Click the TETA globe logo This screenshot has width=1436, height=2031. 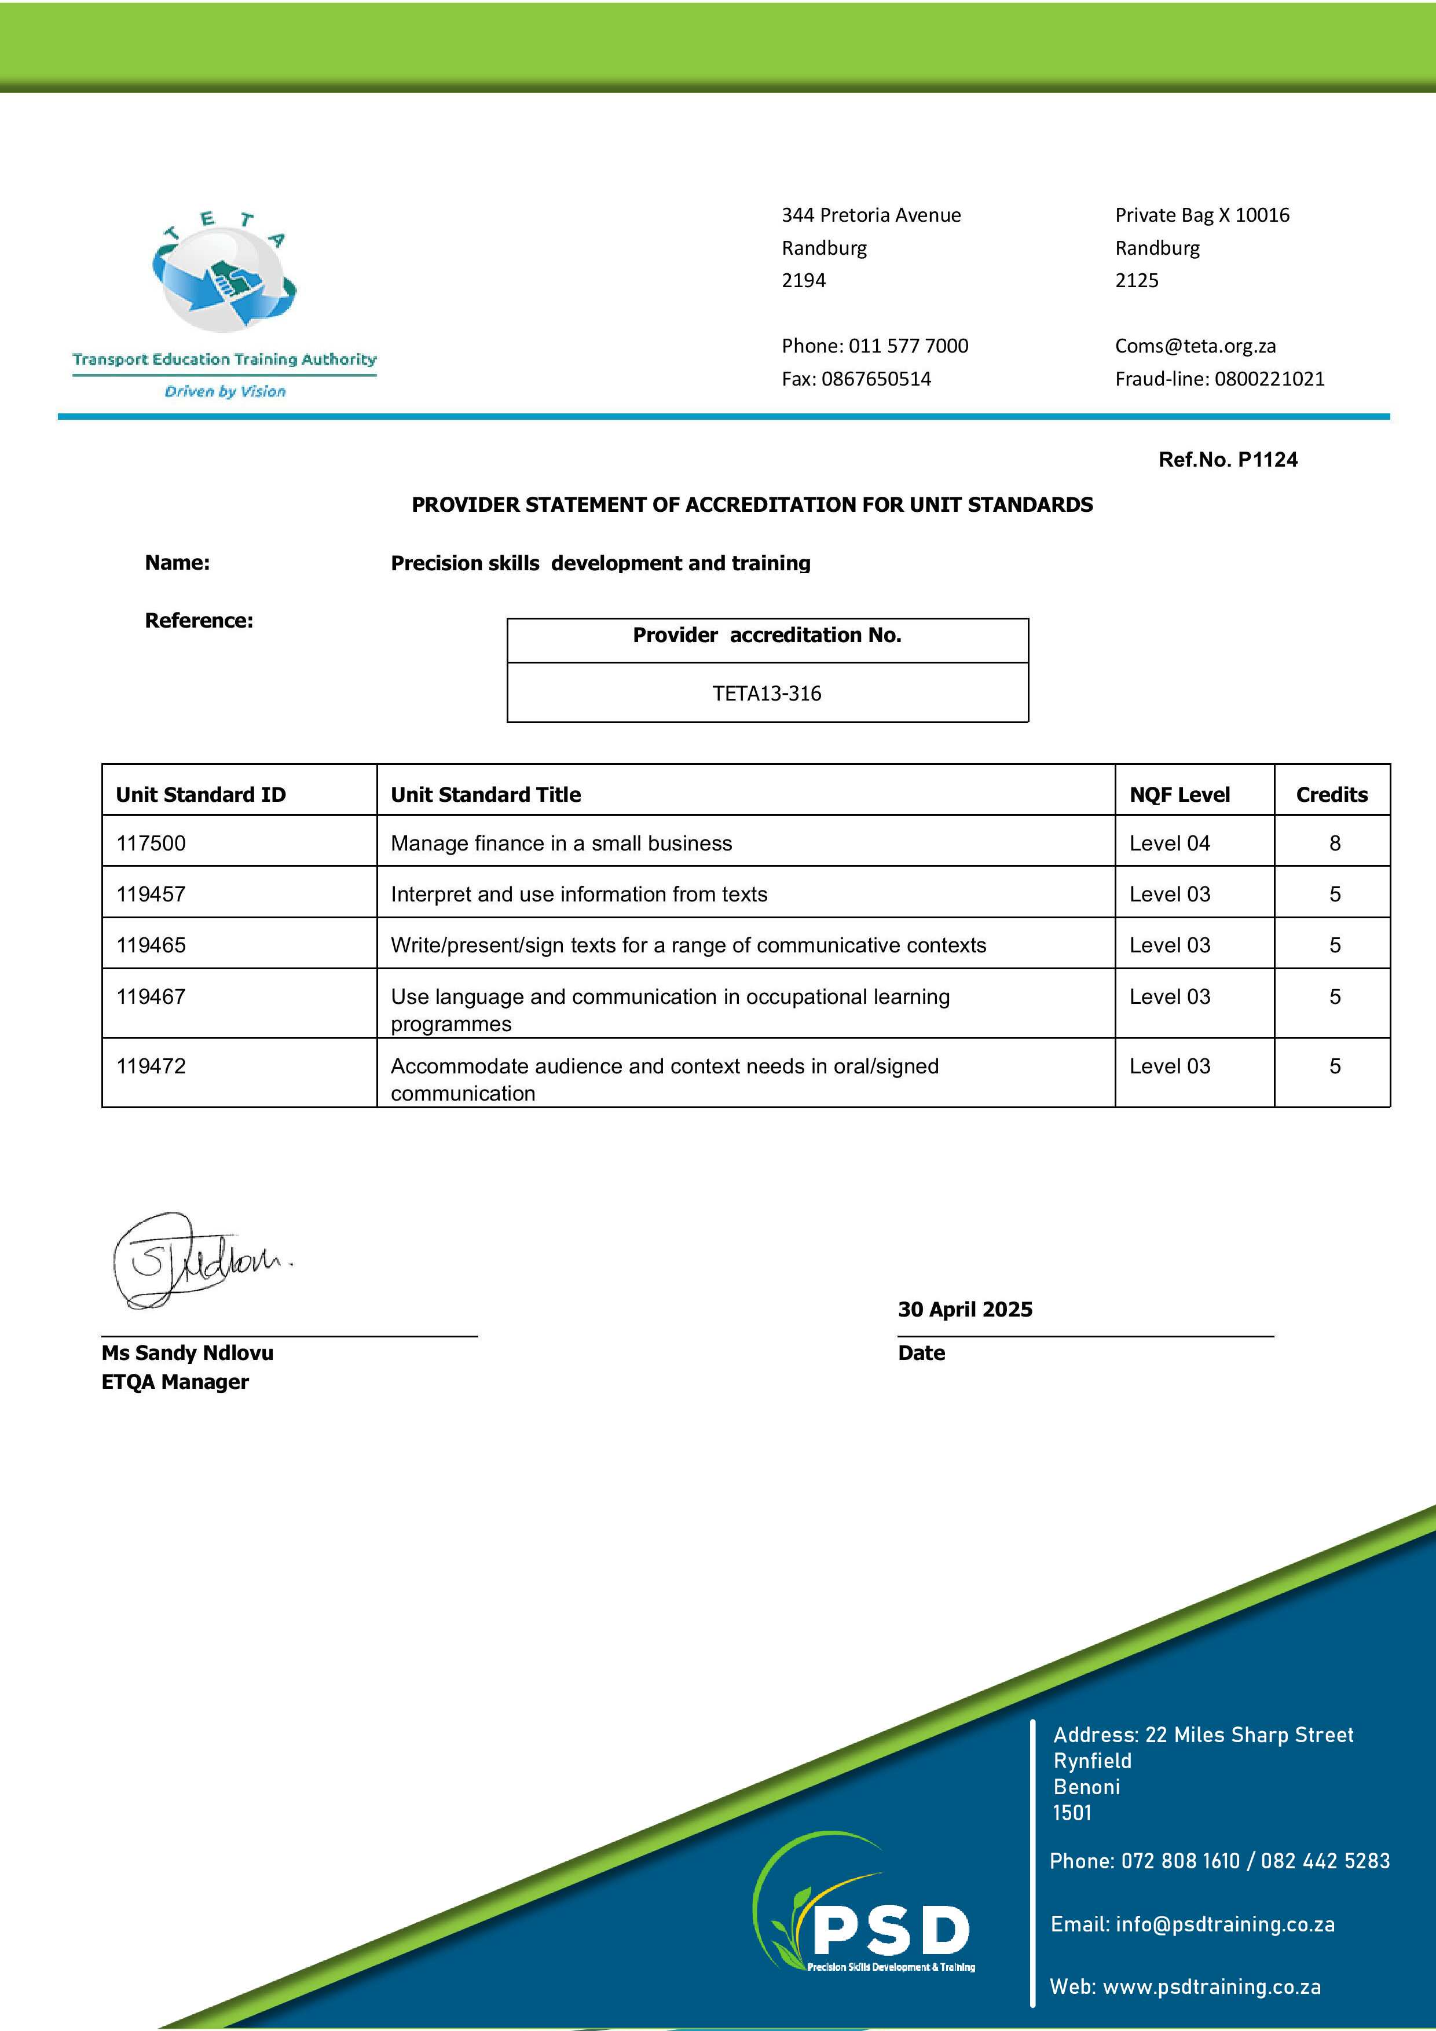point(225,278)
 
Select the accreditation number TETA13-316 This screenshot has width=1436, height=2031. point(767,694)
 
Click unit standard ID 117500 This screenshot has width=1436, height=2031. point(151,843)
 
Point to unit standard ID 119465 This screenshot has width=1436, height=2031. point(151,945)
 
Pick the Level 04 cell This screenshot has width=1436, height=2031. point(1170,843)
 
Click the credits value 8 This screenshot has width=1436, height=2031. point(1334,843)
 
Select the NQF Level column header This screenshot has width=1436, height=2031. point(1179,794)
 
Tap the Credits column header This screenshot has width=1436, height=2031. point(1332,794)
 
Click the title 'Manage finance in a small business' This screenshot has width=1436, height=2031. point(561,843)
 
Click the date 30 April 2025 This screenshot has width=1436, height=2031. point(965,1309)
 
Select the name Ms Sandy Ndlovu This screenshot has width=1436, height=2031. point(188,1352)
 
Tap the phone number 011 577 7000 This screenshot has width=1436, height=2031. point(909,346)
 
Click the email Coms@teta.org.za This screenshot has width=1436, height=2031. point(1195,346)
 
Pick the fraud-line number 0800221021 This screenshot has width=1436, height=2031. point(1270,379)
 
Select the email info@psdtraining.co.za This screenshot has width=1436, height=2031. point(1225,1924)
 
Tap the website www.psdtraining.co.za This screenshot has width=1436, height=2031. point(1212,1987)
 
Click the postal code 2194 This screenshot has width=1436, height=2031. point(803,280)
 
